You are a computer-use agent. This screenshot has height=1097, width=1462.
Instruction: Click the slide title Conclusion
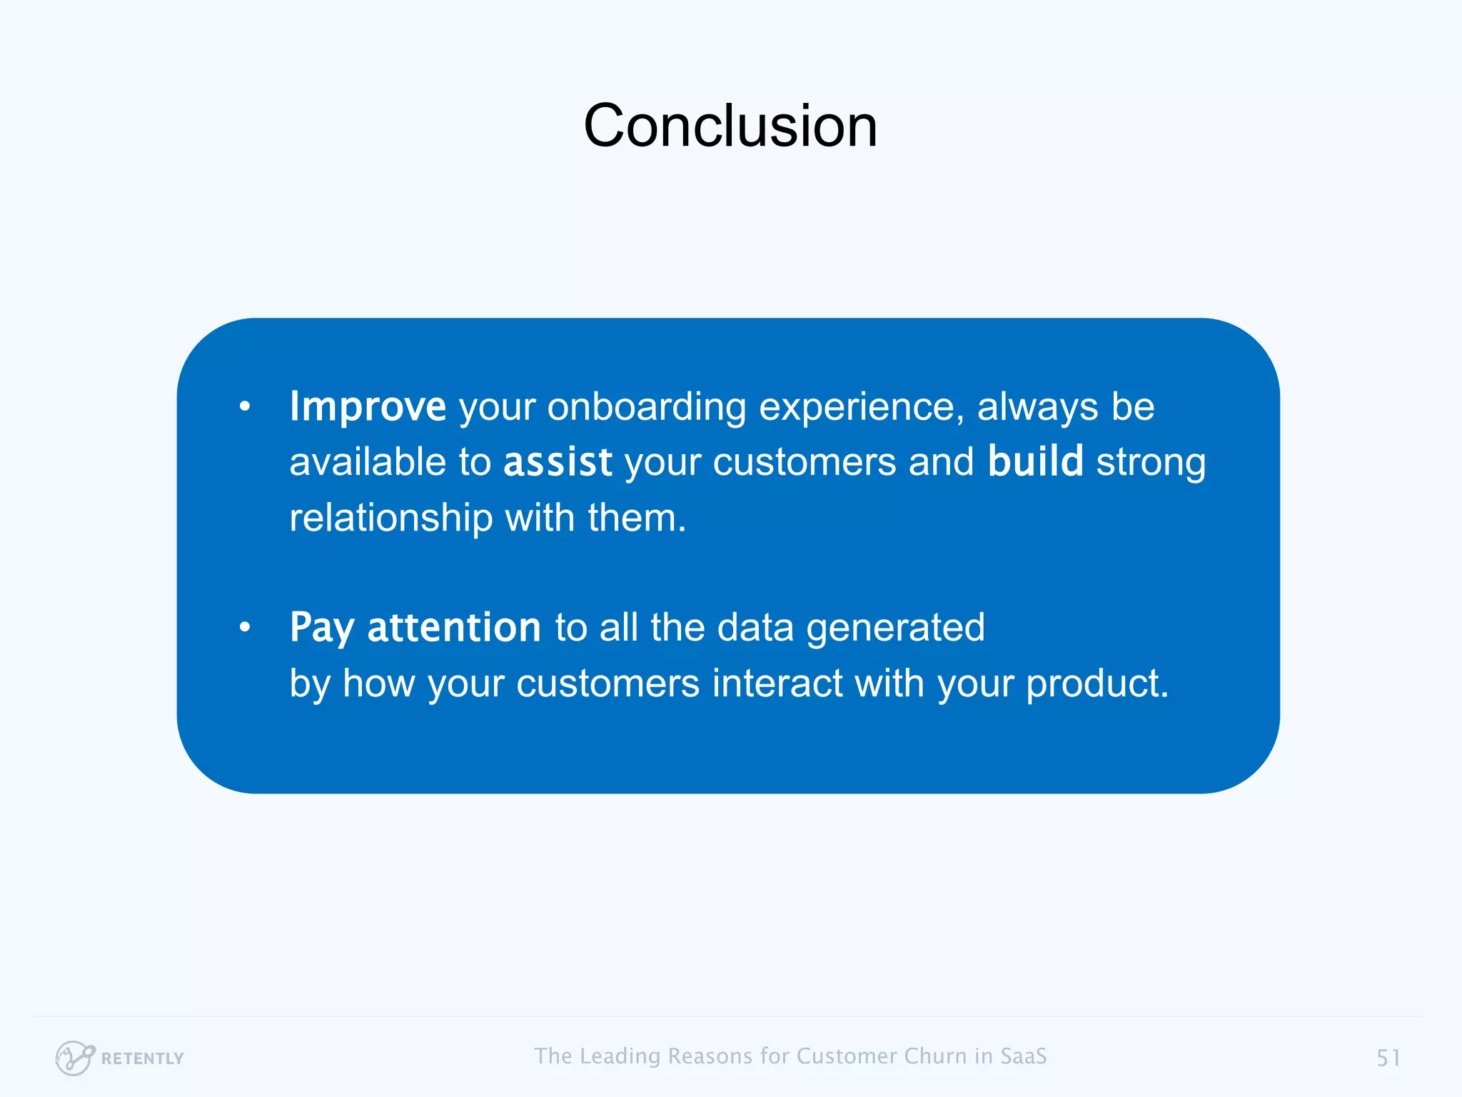[x=730, y=126]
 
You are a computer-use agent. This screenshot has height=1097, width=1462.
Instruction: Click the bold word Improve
[x=368, y=407]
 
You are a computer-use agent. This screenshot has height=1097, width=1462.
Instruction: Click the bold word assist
[x=558, y=462]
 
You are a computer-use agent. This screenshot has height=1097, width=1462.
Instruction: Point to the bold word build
[x=1035, y=462]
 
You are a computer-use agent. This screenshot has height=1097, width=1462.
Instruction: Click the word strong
[x=1151, y=462]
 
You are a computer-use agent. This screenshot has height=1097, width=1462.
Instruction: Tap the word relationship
[x=390, y=518]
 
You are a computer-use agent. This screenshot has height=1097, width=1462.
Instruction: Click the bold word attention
[x=454, y=628]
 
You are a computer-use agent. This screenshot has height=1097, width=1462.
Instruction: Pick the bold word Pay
[x=321, y=628]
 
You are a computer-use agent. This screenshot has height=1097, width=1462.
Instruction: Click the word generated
[x=895, y=628]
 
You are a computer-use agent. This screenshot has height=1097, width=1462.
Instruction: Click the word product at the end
[x=1096, y=683]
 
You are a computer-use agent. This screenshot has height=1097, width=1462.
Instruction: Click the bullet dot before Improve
[x=245, y=407]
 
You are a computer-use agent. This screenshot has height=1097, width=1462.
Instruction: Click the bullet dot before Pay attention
[x=245, y=628]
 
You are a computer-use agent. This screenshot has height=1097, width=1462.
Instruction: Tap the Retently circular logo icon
[x=74, y=1058]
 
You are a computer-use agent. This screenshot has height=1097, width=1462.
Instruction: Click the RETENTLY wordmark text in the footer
[x=143, y=1058]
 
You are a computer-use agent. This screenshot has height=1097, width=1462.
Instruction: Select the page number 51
[x=1388, y=1058]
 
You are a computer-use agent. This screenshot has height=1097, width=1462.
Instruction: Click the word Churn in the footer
[x=935, y=1056]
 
